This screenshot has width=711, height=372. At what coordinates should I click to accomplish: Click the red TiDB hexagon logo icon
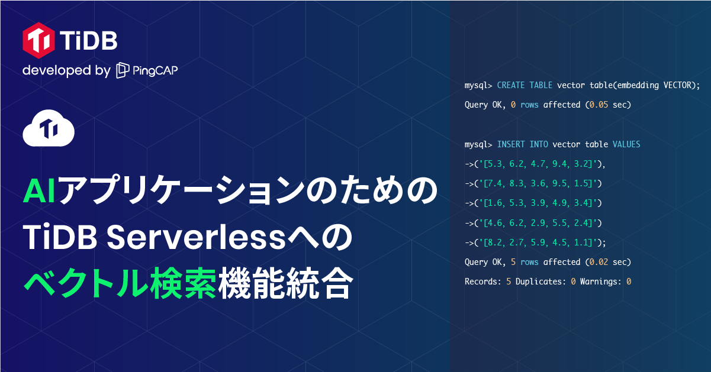39,40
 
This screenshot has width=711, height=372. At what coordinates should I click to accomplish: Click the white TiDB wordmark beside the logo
88,41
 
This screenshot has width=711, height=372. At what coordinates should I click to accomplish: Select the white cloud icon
48,131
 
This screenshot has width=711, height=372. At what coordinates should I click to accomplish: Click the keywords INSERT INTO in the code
522,144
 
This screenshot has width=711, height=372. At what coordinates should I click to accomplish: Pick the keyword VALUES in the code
626,144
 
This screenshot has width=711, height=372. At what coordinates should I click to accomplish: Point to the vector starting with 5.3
542,164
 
